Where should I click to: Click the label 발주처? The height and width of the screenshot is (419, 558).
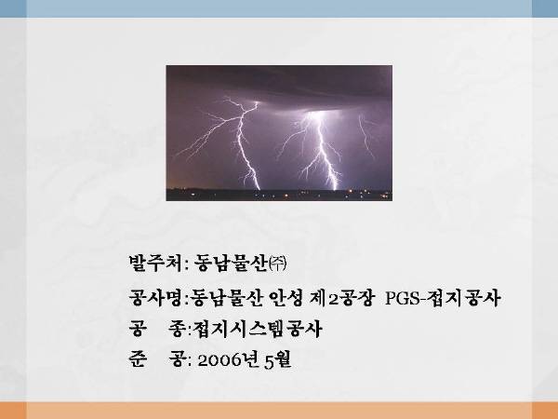coord(155,264)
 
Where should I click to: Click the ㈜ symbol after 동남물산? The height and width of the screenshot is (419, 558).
coord(277,264)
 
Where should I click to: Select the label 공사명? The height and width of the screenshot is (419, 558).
coord(156,298)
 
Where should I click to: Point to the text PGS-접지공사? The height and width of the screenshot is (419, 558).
coord(443,298)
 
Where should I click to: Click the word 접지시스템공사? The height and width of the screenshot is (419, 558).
coord(258,329)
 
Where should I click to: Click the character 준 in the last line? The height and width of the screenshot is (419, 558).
coord(138,358)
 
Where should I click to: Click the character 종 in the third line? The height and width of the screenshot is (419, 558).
coord(177,329)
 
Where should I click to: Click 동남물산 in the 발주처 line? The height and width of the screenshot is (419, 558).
coord(231,264)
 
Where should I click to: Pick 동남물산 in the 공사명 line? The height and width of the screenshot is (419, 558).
coord(227,298)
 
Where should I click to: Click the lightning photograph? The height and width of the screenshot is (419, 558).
coord(279,133)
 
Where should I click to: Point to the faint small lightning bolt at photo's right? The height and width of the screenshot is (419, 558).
coord(366,136)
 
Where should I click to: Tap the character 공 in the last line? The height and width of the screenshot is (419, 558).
coord(177,358)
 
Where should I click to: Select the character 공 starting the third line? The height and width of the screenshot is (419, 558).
coord(138,329)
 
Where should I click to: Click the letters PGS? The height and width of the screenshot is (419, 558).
coord(403,298)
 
